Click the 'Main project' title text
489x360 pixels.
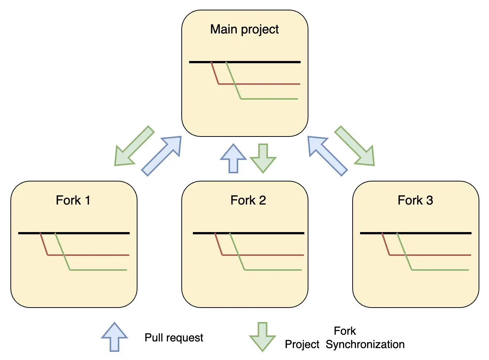[244, 29]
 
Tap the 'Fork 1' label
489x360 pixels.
[73, 200]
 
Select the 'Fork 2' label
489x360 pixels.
[248, 200]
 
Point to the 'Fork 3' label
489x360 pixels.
[415, 200]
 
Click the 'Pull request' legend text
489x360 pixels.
[174, 338]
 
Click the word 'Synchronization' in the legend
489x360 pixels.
[365, 344]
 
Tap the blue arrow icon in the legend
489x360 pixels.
[114, 336]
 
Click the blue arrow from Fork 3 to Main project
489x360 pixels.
[327, 155]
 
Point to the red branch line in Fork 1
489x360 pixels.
[89, 255]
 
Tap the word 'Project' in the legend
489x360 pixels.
[302, 344]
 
